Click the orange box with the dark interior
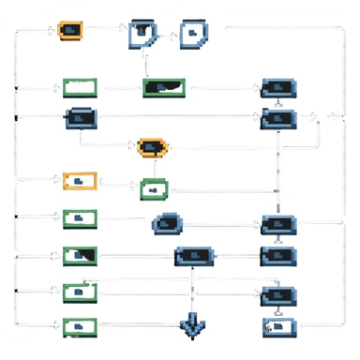(x=69, y=30)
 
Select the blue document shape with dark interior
(x=142, y=34)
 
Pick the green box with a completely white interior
(x=80, y=88)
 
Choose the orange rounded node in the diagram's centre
(x=152, y=146)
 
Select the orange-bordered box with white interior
(x=80, y=180)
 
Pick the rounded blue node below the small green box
(x=168, y=224)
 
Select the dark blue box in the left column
(x=80, y=118)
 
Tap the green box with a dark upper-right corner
(x=80, y=255)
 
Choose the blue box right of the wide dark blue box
(x=277, y=255)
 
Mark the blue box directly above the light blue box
(x=277, y=294)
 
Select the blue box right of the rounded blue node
(x=277, y=224)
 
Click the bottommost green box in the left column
(x=80, y=326)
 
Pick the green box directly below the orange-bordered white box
(x=80, y=218)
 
